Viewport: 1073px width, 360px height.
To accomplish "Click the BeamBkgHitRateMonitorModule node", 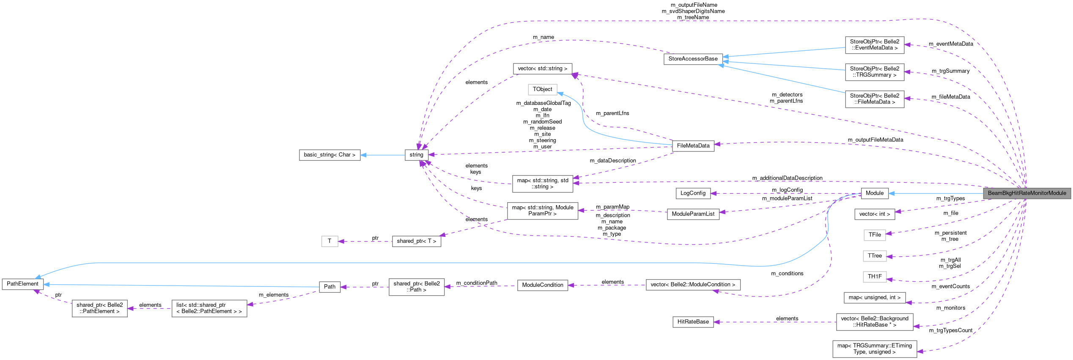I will (1026, 193).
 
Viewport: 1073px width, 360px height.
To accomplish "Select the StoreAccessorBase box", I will (693, 59).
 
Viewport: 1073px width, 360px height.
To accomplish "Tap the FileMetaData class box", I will (693, 146).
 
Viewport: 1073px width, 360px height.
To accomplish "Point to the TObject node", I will (542, 89).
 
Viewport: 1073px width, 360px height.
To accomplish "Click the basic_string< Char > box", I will (329, 155).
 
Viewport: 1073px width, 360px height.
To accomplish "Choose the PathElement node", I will (22, 284).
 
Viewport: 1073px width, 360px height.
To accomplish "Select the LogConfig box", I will (693, 193).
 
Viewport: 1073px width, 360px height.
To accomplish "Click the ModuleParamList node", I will (693, 214).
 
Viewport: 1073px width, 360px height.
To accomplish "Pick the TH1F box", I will (875, 277).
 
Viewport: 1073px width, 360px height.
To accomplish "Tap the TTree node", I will (875, 256).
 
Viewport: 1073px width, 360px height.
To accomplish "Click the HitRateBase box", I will (693, 322).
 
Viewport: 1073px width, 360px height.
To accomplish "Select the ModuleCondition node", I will (542, 285).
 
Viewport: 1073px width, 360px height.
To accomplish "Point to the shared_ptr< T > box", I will (416, 241).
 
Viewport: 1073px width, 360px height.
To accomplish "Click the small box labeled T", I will (329, 241).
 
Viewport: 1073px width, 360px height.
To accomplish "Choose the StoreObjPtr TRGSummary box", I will (874, 72).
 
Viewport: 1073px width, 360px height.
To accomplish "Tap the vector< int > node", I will (874, 214).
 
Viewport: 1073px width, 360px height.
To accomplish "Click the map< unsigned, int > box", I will (874, 298).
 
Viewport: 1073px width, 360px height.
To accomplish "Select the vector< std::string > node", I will (542, 69).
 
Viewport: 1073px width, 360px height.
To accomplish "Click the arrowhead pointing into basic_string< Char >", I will (363, 155).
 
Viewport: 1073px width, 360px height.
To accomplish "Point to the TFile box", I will (875, 235).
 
